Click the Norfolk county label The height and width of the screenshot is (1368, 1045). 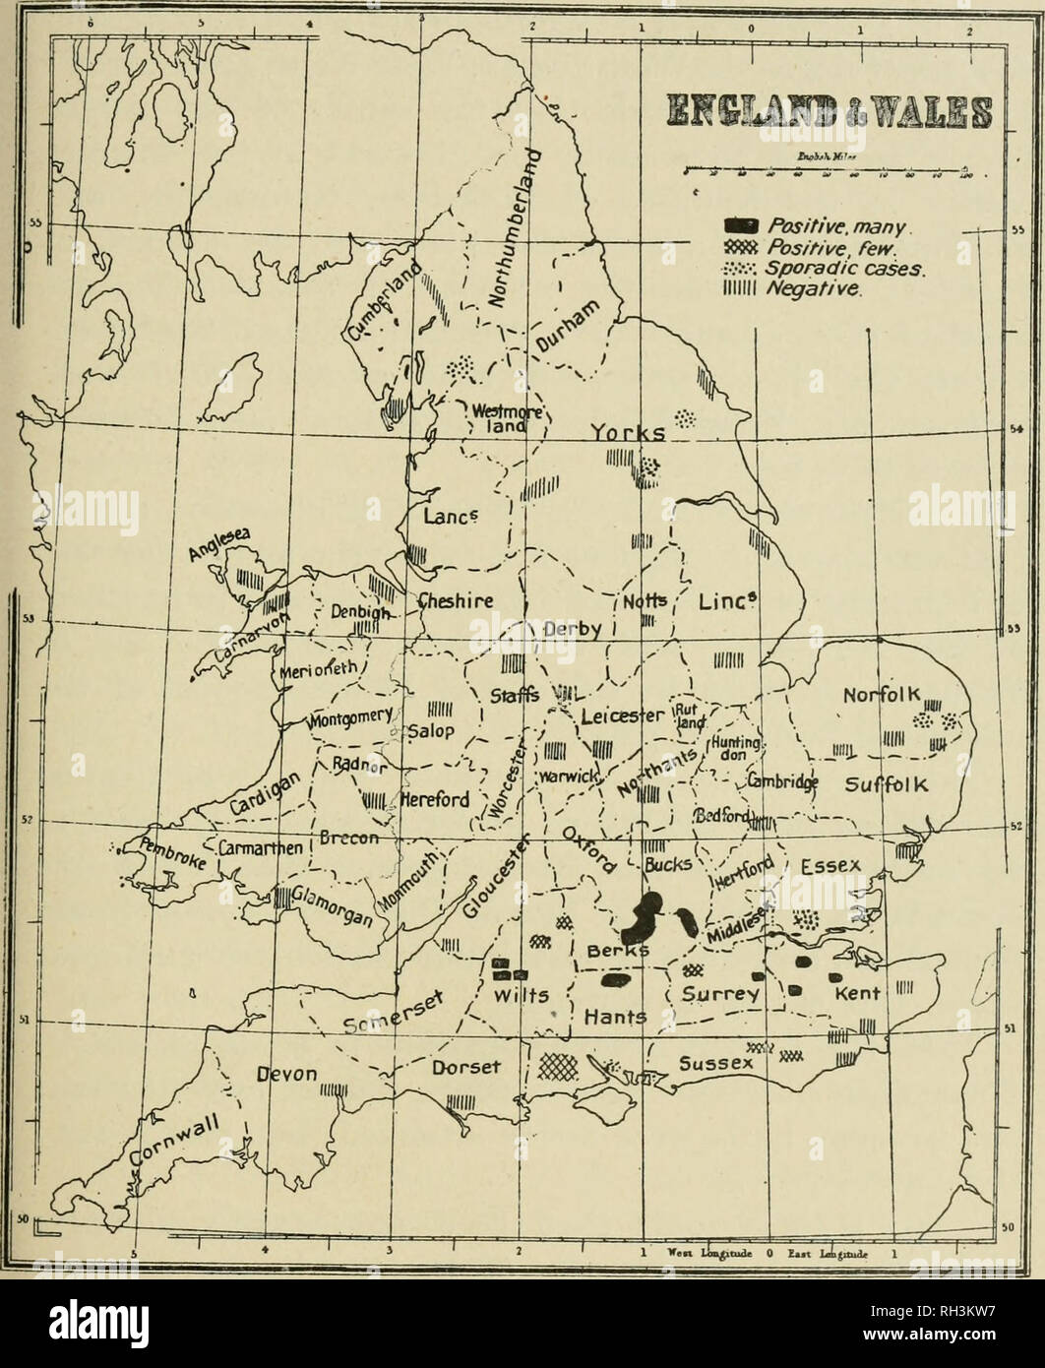[x=880, y=698]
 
